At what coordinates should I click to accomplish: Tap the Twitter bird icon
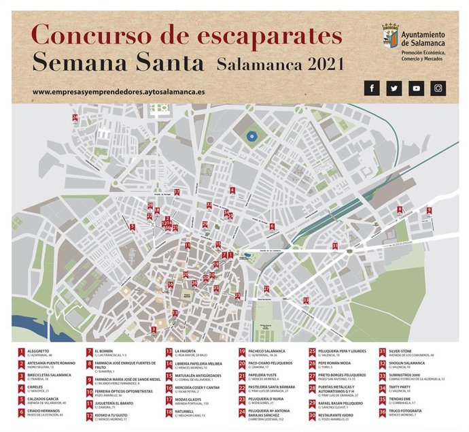(394, 88)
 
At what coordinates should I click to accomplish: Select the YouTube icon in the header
(417, 88)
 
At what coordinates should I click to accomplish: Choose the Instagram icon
(439, 88)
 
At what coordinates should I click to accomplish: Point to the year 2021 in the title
(317, 64)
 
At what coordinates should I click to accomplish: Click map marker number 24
(75, 118)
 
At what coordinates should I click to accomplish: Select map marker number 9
(429, 210)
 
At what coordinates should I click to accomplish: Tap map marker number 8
(400, 210)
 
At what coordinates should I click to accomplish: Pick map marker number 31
(334, 246)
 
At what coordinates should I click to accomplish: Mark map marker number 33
(306, 299)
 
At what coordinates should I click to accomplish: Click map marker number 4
(232, 190)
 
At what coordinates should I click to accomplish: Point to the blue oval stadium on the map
(253, 136)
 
